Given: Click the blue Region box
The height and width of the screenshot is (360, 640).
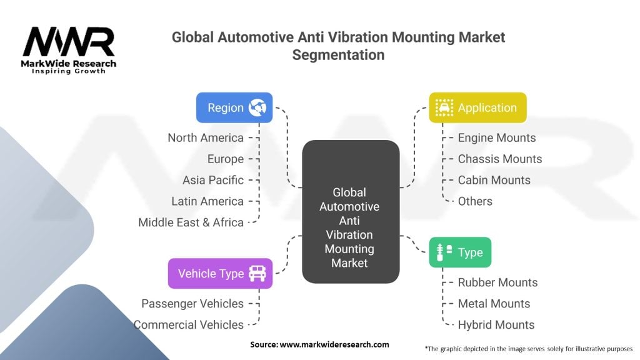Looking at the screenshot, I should (234, 107).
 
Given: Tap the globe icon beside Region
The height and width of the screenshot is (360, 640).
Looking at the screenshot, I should (257, 107).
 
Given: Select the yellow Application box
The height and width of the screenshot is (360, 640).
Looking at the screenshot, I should (477, 107).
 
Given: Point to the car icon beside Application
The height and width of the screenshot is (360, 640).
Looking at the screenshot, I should (444, 107).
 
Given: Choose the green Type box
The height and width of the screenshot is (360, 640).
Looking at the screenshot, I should (460, 252).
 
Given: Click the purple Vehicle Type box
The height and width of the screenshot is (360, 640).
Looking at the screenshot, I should (220, 273).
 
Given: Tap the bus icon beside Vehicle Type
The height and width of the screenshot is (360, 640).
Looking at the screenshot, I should (257, 273).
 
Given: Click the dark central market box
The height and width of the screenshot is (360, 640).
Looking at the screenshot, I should (350, 211).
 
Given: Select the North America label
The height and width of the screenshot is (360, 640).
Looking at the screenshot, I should (206, 137).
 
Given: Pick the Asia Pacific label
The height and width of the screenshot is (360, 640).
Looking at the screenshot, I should (213, 180).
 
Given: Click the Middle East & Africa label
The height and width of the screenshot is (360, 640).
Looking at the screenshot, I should (191, 222).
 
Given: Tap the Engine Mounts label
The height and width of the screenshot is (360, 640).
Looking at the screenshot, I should (496, 137).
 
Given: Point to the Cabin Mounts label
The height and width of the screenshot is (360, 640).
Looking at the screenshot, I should (494, 180).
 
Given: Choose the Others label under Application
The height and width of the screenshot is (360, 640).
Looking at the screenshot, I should (475, 201).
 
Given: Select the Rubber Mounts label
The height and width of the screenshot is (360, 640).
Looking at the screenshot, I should (497, 282).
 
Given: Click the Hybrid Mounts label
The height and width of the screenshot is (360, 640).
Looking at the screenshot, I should (496, 325).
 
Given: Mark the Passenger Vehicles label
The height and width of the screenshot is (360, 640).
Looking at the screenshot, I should (192, 304).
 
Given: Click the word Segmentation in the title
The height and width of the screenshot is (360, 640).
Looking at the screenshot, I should (338, 54).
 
